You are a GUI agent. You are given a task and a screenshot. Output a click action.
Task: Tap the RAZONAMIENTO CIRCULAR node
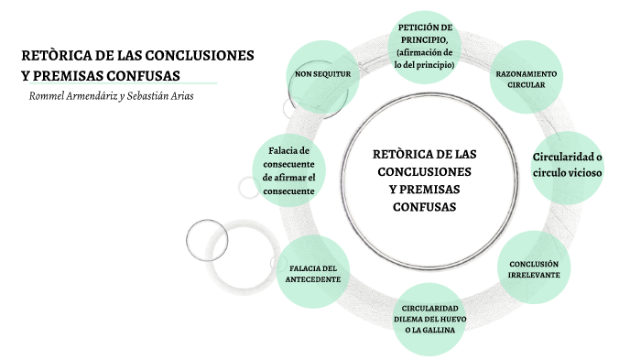527,79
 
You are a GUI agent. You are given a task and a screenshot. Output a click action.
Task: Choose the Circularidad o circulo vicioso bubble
567,165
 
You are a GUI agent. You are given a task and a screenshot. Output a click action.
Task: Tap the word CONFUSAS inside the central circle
424,207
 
